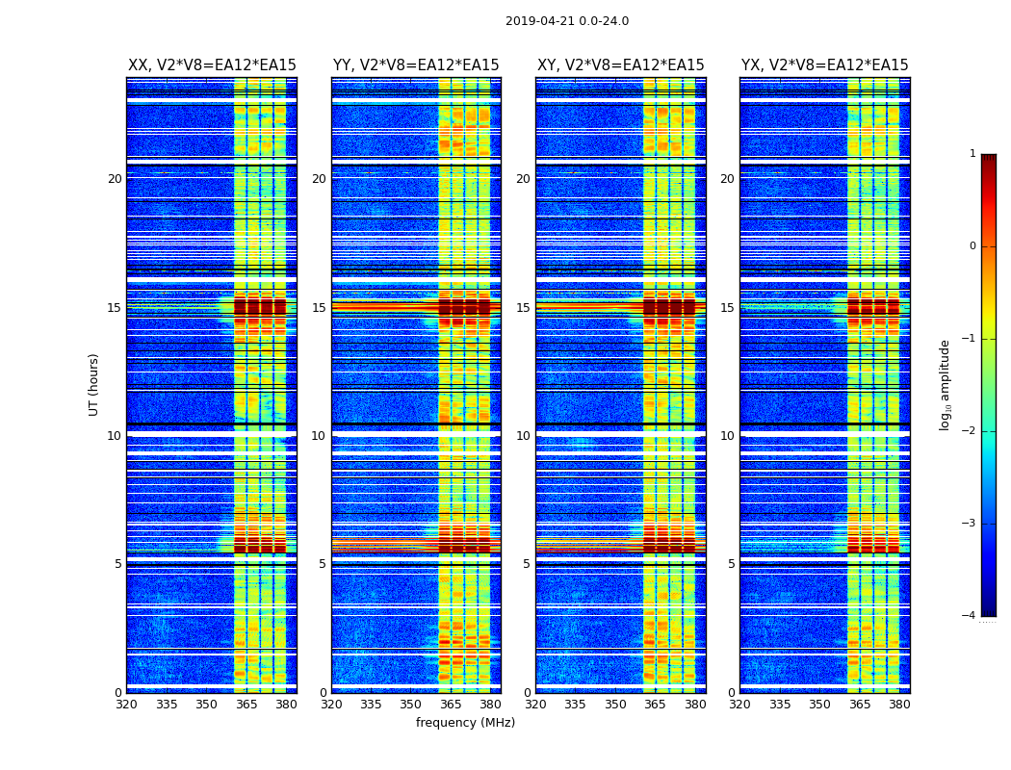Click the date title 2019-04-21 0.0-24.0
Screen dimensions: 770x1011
567,21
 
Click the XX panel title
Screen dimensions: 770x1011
212,65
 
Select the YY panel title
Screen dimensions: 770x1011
416,65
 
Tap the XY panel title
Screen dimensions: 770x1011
620,65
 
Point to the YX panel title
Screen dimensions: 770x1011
824,65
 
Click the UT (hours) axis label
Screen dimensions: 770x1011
94,384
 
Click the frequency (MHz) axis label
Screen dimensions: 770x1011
465,723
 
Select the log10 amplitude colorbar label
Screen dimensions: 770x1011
946,384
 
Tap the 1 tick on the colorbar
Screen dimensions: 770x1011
972,154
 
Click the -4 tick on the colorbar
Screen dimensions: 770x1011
971,616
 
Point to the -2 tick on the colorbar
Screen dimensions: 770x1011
971,431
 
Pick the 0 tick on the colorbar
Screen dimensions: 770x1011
972,246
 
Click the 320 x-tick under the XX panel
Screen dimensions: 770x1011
126,705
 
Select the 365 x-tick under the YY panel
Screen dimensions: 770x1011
451,705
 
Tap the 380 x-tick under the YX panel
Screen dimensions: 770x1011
899,705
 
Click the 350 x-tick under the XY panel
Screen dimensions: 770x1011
615,705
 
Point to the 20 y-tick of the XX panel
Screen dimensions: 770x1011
115,179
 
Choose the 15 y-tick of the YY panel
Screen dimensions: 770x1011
319,308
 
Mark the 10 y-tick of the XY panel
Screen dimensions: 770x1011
523,436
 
